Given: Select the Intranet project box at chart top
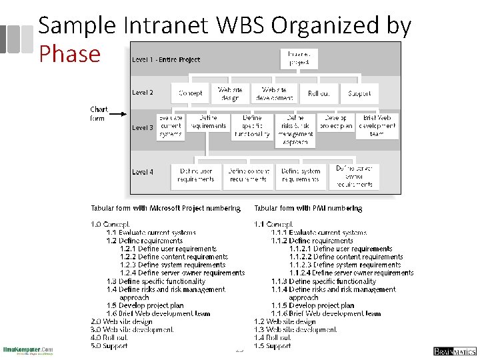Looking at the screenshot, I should click(298, 58).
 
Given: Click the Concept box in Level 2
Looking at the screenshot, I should click(191, 93).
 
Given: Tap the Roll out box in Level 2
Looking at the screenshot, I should click(318, 93).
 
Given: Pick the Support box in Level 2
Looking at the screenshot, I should click(360, 93).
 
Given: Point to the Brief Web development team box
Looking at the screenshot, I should click(377, 126).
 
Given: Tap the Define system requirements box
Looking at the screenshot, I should click(300, 175).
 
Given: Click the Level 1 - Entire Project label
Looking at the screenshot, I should click(166, 59).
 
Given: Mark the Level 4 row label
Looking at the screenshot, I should click(143, 171).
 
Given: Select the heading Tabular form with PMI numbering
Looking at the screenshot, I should click(308, 208).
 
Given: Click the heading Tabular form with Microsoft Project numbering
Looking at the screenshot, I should click(165, 208).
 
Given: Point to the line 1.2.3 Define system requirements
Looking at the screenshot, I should click(173, 265).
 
